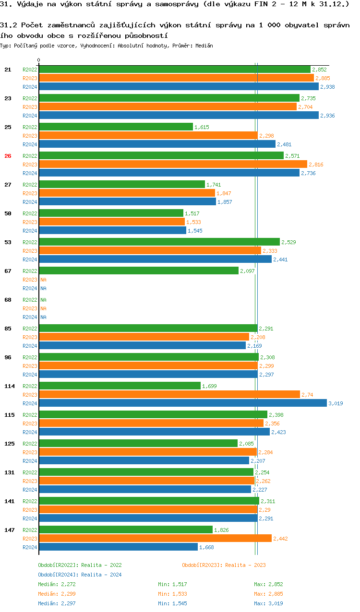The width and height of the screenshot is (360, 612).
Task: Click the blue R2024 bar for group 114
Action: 182,403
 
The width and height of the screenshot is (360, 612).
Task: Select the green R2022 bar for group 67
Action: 139,271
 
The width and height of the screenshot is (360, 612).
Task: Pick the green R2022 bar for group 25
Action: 116,127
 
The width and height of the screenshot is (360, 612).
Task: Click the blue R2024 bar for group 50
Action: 112,231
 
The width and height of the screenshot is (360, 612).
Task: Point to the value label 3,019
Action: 336,403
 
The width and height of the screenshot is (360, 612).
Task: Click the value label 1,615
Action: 202,127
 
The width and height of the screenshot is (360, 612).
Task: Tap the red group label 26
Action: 8,156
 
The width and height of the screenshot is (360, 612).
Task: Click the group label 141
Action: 9,501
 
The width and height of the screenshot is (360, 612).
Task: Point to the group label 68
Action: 8,300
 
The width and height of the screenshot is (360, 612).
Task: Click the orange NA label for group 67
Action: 43,280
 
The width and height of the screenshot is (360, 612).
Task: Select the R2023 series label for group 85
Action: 30,337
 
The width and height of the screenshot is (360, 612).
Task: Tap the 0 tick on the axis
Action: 39,60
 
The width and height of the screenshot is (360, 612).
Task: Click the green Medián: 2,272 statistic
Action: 57,584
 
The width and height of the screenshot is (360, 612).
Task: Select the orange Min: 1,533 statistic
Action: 172,594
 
